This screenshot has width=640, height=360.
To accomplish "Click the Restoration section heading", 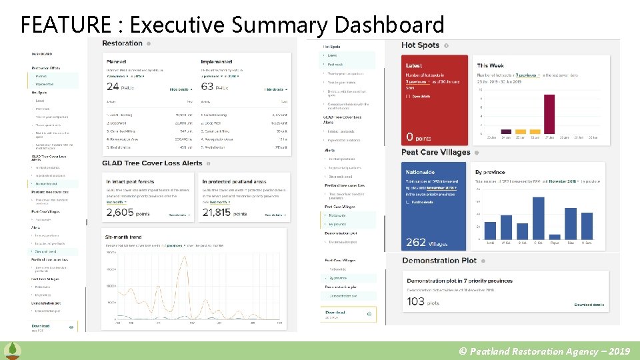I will (x=123, y=43).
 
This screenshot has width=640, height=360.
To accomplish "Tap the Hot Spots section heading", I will (x=420, y=45).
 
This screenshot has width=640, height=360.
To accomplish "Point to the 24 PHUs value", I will (x=121, y=87).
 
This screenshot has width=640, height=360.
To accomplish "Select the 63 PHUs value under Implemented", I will (x=216, y=87).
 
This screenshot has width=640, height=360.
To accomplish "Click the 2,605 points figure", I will (x=128, y=213).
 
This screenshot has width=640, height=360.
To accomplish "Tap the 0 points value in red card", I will (x=419, y=137).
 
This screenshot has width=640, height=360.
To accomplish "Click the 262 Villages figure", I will (x=425, y=243).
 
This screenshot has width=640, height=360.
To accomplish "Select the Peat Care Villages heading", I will (x=435, y=152).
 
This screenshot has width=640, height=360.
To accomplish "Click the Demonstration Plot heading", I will (x=439, y=261).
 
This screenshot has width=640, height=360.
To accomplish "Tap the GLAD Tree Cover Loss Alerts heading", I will (x=152, y=163).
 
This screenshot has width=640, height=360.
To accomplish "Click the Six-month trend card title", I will (x=123, y=237).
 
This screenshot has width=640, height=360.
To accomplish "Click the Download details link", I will (x=589, y=305).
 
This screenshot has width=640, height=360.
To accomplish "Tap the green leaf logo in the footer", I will (x=12, y=351).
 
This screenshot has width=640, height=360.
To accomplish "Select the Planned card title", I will (x=117, y=62).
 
